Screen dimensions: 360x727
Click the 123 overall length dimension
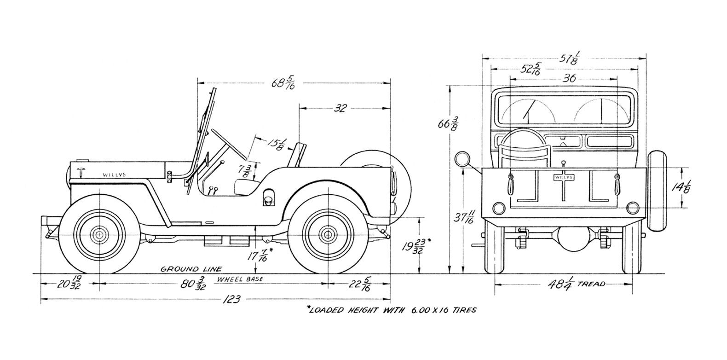pos(231,300)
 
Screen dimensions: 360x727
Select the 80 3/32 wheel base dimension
pos(192,283)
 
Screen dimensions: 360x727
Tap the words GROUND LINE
pos(190,269)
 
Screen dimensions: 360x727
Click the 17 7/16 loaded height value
pos(258,255)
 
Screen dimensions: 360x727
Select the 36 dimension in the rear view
pos(569,78)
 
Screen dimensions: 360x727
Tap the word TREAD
pos(590,284)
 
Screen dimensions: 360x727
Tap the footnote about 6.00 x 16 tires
pos(391,310)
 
